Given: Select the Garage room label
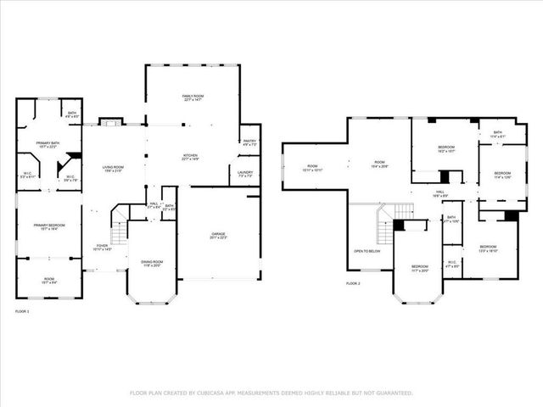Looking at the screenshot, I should coord(218,235).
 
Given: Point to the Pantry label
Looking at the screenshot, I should coord(249,142).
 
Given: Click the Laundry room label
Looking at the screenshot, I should coord(245,174).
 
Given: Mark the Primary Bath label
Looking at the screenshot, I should coord(48,144).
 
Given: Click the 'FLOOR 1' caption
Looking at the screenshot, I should coord(23,313).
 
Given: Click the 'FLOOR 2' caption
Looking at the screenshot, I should coord(353,282).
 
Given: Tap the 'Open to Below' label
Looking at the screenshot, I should coord(367,251).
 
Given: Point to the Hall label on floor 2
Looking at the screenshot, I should coord(440,194).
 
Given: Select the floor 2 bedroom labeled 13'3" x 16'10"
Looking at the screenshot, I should coord(488,248).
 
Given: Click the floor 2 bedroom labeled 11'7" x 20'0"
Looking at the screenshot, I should coord(421,268).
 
